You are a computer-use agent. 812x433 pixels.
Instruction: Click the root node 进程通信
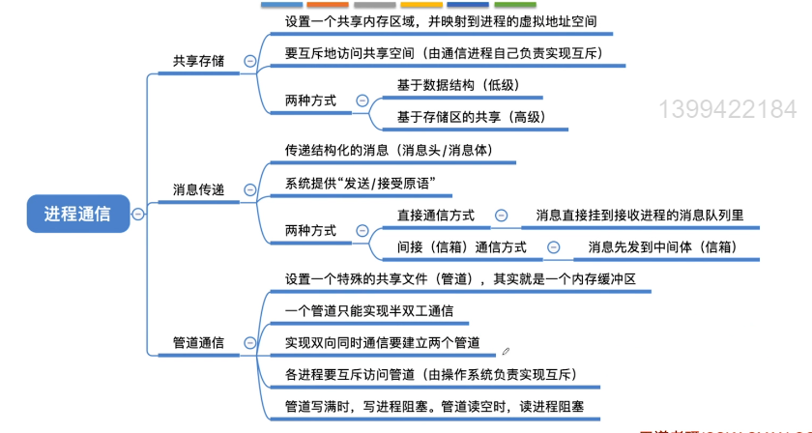click(x=76, y=214)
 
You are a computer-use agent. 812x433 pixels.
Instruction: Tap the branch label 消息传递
click(x=198, y=190)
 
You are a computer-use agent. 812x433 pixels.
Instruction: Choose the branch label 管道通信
click(x=198, y=342)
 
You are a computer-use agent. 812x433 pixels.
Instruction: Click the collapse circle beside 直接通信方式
click(x=501, y=215)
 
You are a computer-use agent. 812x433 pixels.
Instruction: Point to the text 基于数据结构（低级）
click(x=458, y=85)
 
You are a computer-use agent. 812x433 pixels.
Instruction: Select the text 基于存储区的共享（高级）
click(x=471, y=117)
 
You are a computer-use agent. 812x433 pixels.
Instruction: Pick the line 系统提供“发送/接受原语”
click(x=362, y=183)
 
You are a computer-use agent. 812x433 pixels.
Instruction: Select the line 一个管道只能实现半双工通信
click(x=369, y=311)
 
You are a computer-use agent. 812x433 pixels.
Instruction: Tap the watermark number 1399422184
click(x=728, y=108)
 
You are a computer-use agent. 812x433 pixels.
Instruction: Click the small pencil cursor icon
click(x=506, y=352)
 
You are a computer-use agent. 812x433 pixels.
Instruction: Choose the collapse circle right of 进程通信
click(x=137, y=214)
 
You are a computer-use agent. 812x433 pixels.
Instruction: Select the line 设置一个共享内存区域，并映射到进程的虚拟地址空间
click(x=440, y=20)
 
